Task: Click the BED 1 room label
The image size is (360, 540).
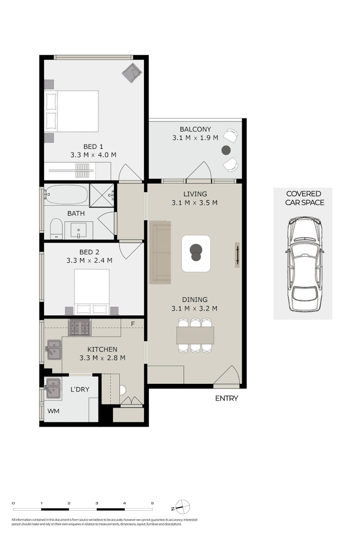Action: click(93, 147)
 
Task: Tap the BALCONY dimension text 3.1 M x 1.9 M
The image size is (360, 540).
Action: click(195, 138)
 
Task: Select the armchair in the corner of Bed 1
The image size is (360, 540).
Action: click(132, 72)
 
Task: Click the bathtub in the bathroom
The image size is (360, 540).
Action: click(66, 194)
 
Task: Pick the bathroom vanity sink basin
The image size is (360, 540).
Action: click(78, 230)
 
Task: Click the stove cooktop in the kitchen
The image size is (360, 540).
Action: click(80, 328)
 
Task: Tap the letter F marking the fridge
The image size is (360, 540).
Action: click(133, 324)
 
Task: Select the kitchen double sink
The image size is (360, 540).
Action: click(54, 350)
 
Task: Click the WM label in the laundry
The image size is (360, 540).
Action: click(53, 411)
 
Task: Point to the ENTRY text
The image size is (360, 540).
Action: click(226, 399)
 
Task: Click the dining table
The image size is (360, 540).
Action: click(195, 335)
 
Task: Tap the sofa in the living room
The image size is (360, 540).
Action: click(160, 252)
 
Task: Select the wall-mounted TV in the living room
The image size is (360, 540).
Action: click(237, 255)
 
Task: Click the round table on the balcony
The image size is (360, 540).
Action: click(226, 150)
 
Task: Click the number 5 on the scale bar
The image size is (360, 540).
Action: click(152, 503)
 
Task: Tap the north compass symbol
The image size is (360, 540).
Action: click(182, 507)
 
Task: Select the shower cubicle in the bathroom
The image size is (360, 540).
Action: click(102, 195)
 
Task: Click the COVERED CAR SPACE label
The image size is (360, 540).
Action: click(304, 198)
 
